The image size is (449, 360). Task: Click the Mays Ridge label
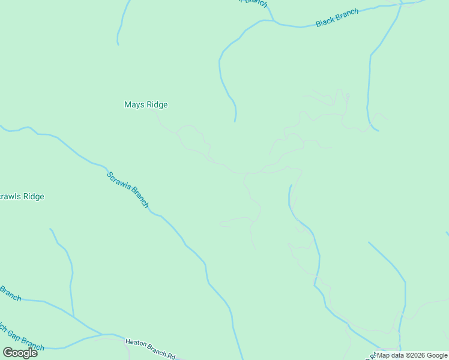[146, 104]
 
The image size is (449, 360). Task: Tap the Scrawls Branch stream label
[128, 190]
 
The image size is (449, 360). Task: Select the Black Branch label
[337, 18]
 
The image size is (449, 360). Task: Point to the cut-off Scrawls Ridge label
[22, 197]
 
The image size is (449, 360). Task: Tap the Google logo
[20, 353]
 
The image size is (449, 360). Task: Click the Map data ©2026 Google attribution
[412, 355]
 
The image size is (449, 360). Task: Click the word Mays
[134, 104]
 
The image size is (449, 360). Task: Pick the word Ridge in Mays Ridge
[157, 104]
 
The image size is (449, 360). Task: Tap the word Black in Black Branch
[325, 22]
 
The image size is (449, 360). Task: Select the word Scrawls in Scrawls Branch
[119, 182]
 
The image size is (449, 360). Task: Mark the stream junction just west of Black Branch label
[274, 22]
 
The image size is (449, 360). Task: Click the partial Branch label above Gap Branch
[10, 293]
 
